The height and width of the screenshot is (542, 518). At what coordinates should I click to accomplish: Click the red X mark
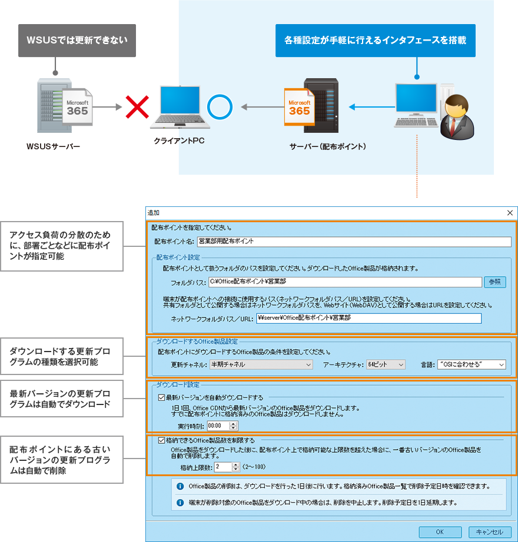(x=137, y=107)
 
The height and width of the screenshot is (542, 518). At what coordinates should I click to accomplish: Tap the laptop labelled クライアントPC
(x=180, y=107)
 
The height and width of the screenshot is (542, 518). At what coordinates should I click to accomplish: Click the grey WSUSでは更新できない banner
(x=77, y=41)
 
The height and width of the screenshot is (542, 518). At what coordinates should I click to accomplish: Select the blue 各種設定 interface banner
(x=376, y=41)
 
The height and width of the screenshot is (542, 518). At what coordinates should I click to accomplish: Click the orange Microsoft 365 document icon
(x=299, y=107)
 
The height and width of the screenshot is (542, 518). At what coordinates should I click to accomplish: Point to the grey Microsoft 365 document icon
(x=78, y=107)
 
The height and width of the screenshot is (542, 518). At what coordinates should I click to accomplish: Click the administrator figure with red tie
(x=457, y=117)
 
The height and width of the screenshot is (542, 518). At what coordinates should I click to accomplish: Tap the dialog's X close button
(x=510, y=213)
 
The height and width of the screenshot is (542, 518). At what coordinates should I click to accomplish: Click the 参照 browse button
(x=495, y=282)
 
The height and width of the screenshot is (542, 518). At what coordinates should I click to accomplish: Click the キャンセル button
(x=489, y=532)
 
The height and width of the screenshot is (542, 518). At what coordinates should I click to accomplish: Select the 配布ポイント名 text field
(x=354, y=242)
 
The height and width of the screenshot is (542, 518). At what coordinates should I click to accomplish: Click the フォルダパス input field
(x=345, y=282)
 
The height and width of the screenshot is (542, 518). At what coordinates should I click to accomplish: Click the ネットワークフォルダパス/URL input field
(x=369, y=319)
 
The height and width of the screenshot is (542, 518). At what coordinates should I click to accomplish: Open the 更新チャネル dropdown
(x=261, y=364)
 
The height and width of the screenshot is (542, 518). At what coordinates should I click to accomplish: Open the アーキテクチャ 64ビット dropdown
(x=386, y=364)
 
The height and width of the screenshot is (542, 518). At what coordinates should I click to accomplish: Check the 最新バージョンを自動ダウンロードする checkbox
(x=161, y=397)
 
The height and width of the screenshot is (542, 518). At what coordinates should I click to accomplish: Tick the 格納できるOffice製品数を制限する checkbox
(x=161, y=440)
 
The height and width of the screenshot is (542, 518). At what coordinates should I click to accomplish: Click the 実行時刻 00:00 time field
(x=223, y=426)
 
